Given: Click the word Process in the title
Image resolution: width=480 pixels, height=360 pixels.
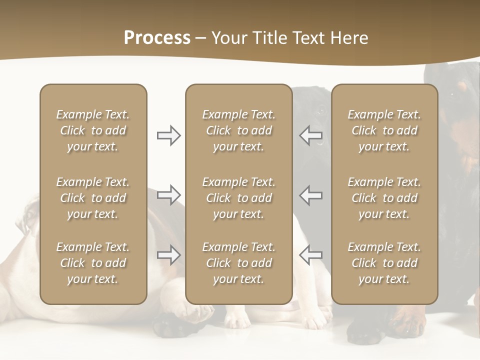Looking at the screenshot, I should [x=157, y=38].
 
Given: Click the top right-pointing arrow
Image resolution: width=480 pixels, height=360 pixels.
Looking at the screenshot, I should [x=168, y=135].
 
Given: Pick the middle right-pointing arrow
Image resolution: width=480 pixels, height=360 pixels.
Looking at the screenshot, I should [x=168, y=195].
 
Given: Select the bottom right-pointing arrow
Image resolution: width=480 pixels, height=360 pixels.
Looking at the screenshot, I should [x=168, y=255].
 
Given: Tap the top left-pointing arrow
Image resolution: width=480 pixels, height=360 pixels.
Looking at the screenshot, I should [x=311, y=135].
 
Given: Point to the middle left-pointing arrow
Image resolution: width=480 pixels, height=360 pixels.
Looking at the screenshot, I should [x=311, y=195].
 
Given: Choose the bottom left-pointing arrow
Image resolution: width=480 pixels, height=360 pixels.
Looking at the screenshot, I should [x=311, y=255].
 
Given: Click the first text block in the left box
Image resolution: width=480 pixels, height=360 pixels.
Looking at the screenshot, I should [x=93, y=130].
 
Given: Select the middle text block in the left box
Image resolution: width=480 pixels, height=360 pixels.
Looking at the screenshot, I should [x=93, y=198].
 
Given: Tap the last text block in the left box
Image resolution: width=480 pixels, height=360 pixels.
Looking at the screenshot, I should [x=93, y=263].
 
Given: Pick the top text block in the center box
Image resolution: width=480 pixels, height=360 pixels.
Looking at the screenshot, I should [x=238, y=130].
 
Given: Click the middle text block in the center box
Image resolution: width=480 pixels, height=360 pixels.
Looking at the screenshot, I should [x=238, y=198].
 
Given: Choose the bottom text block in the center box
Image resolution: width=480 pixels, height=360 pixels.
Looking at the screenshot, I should [x=238, y=263].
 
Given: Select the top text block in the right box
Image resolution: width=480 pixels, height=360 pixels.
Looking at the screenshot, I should [x=384, y=130].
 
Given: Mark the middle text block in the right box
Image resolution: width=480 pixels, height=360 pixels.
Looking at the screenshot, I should [x=384, y=198].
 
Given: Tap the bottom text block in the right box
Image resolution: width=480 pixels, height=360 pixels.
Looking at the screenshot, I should [x=384, y=263].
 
